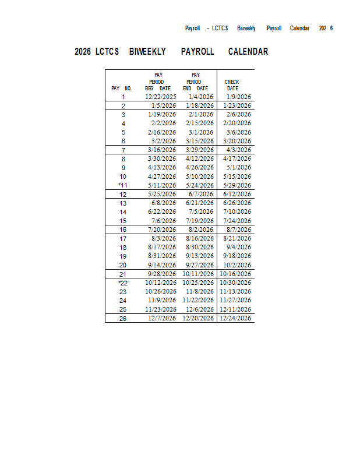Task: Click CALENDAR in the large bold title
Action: tap(248, 51)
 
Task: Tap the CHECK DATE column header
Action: tap(232, 85)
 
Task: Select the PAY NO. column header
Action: tap(122, 89)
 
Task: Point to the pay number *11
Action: tap(123, 185)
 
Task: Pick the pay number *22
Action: tap(123, 283)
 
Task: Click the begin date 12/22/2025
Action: tap(161, 97)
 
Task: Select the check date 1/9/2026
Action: tap(239, 97)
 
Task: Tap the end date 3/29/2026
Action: tap(200, 150)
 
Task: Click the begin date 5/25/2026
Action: tap(162, 194)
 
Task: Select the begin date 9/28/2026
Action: tap(162, 274)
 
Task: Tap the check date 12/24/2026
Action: tap(235, 318)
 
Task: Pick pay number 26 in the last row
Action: tap(123, 318)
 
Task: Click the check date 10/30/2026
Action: tap(235, 283)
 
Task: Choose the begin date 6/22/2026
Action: tap(162, 211)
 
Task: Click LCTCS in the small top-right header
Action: tap(220, 28)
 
